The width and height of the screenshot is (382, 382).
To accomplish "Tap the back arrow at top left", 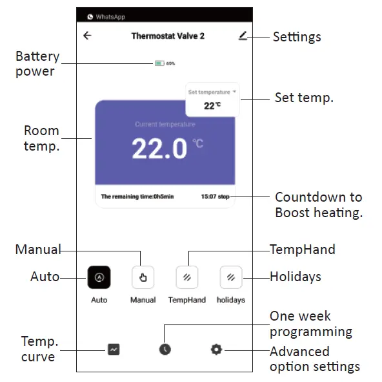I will pos(88,36).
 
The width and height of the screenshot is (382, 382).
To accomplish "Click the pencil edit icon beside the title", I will pos(243,36).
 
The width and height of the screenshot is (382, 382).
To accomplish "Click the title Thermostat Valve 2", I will pos(168,36).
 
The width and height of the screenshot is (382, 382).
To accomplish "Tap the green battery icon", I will pos(159,63).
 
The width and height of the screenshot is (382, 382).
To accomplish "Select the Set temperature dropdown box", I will pos(212,99).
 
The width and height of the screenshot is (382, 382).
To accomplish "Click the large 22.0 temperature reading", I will pos(159,149).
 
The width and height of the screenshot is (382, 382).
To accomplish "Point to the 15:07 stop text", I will pos(215,196).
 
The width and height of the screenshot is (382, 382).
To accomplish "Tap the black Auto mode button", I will pos(99,277).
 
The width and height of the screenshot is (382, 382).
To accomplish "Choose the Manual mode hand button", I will pos(143,277).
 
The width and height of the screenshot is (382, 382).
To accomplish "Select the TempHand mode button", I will pos(186,277).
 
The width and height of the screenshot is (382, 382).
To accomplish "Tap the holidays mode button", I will pos(230,277).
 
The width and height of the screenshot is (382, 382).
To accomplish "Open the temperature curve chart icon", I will pos(114,350).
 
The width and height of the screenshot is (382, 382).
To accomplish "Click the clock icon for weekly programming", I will pos(165,350).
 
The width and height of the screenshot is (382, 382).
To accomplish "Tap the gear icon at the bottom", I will pos(216,350).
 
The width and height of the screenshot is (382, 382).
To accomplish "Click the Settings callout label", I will pos(297,37).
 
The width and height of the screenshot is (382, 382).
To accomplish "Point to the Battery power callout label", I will pos(37,63).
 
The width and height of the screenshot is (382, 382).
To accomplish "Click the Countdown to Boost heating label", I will pos(318,204).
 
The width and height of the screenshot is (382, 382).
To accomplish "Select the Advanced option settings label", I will pos(314,359).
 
